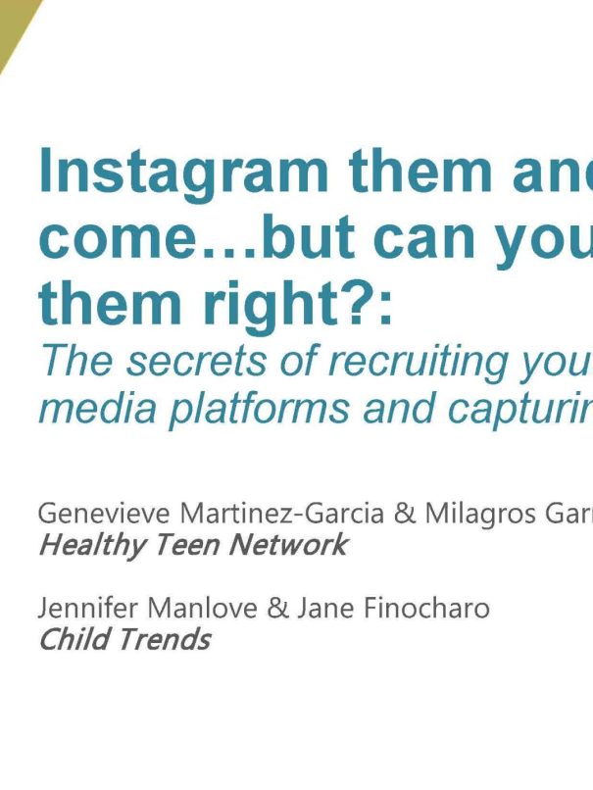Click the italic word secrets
click(x=195, y=362)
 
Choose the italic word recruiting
click(x=419, y=363)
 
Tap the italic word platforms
click(x=259, y=409)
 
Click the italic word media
click(x=98, y=408)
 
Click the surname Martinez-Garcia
click(x=282, y=514)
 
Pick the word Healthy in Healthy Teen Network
click(x=91, y=546)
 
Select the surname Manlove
click(x=202, y=608)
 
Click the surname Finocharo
click(x=426, y=608)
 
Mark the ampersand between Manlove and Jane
click(x=277, y=608)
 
